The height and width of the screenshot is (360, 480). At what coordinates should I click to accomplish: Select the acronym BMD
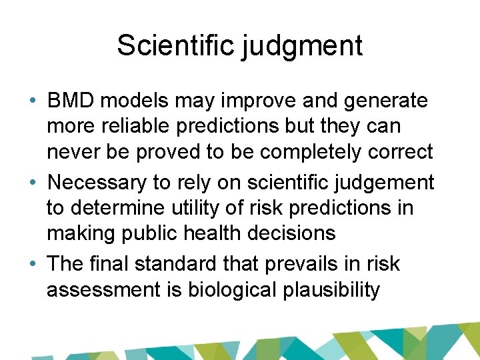(69, 101)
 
